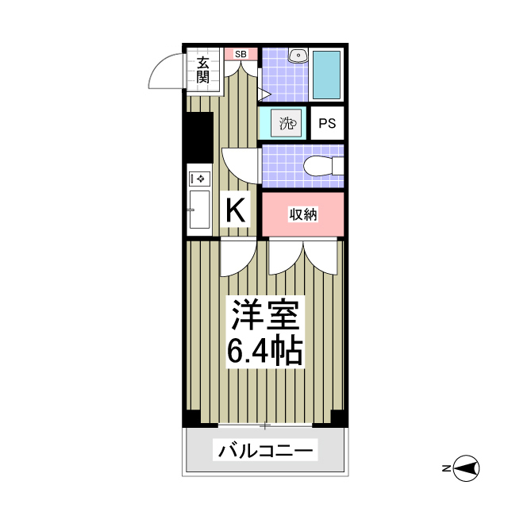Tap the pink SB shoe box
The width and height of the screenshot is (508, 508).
pyautogui.click(x=241, y=54)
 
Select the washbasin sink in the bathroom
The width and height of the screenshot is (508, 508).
pyautogui.click(x=298, y=56)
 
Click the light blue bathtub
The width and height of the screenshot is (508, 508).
pyautogui.click(x=326, y=74)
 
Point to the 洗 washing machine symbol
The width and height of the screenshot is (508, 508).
pyautogui.click(x=287, y=123)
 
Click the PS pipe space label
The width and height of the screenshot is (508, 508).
pyautogui.click(x=327, y=123)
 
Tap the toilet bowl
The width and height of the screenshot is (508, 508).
pyautogui.click(x=324, y=166)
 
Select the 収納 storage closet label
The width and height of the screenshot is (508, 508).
pyautogui.click(x=302, y=214)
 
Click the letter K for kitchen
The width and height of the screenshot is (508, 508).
pyautogui.click(x=236, y=210)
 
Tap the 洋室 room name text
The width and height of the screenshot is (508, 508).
pyautogui.click(x=265, y=316)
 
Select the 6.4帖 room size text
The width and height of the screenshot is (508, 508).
pyautogui.click(x=265, y=349)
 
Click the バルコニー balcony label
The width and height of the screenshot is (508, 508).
pyautogui.click(x=265, y=452)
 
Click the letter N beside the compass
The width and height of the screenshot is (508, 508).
pyautogui.click(x=447, y=469)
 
